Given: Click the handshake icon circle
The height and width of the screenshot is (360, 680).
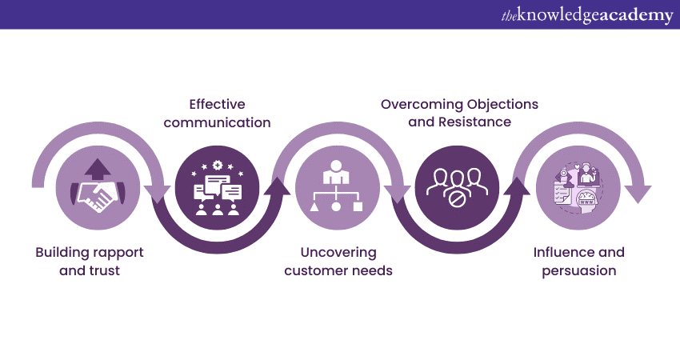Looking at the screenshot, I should point(98,189).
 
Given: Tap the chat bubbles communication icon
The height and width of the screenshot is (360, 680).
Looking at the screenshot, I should point(217,189).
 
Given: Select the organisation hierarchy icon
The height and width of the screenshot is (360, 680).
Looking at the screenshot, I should point(337,189).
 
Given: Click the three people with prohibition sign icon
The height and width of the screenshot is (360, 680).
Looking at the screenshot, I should point(457,189).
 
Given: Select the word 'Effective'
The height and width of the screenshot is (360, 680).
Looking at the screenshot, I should point(217,105).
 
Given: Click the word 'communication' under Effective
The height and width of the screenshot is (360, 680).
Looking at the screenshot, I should point(218,123).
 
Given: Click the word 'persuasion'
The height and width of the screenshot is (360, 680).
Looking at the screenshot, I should point(579,270).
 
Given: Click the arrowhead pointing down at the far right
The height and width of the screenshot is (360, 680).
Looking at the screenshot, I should point(637,192).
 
